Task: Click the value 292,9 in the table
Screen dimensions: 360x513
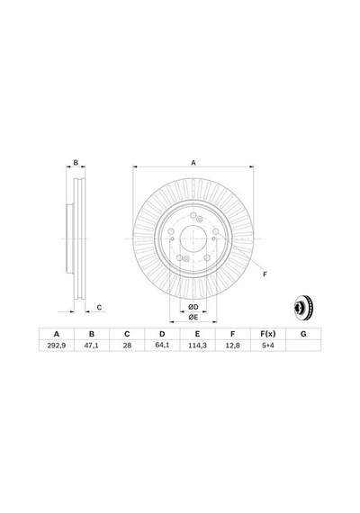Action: tap(57, 346)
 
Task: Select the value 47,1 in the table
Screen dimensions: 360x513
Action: tap(92, 346)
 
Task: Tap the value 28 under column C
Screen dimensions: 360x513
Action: tap(127, 346)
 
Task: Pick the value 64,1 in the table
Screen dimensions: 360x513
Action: tap(162, 346)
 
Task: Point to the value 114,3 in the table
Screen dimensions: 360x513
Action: tap(197, 346)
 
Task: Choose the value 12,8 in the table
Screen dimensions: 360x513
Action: tap(233, 346)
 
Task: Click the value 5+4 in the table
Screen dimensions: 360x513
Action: tap(268, 346)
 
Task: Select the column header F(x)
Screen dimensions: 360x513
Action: tap(268, 334)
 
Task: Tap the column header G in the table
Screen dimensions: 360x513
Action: tap(303, 334)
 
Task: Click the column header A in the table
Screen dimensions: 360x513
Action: tap(57, 334)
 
